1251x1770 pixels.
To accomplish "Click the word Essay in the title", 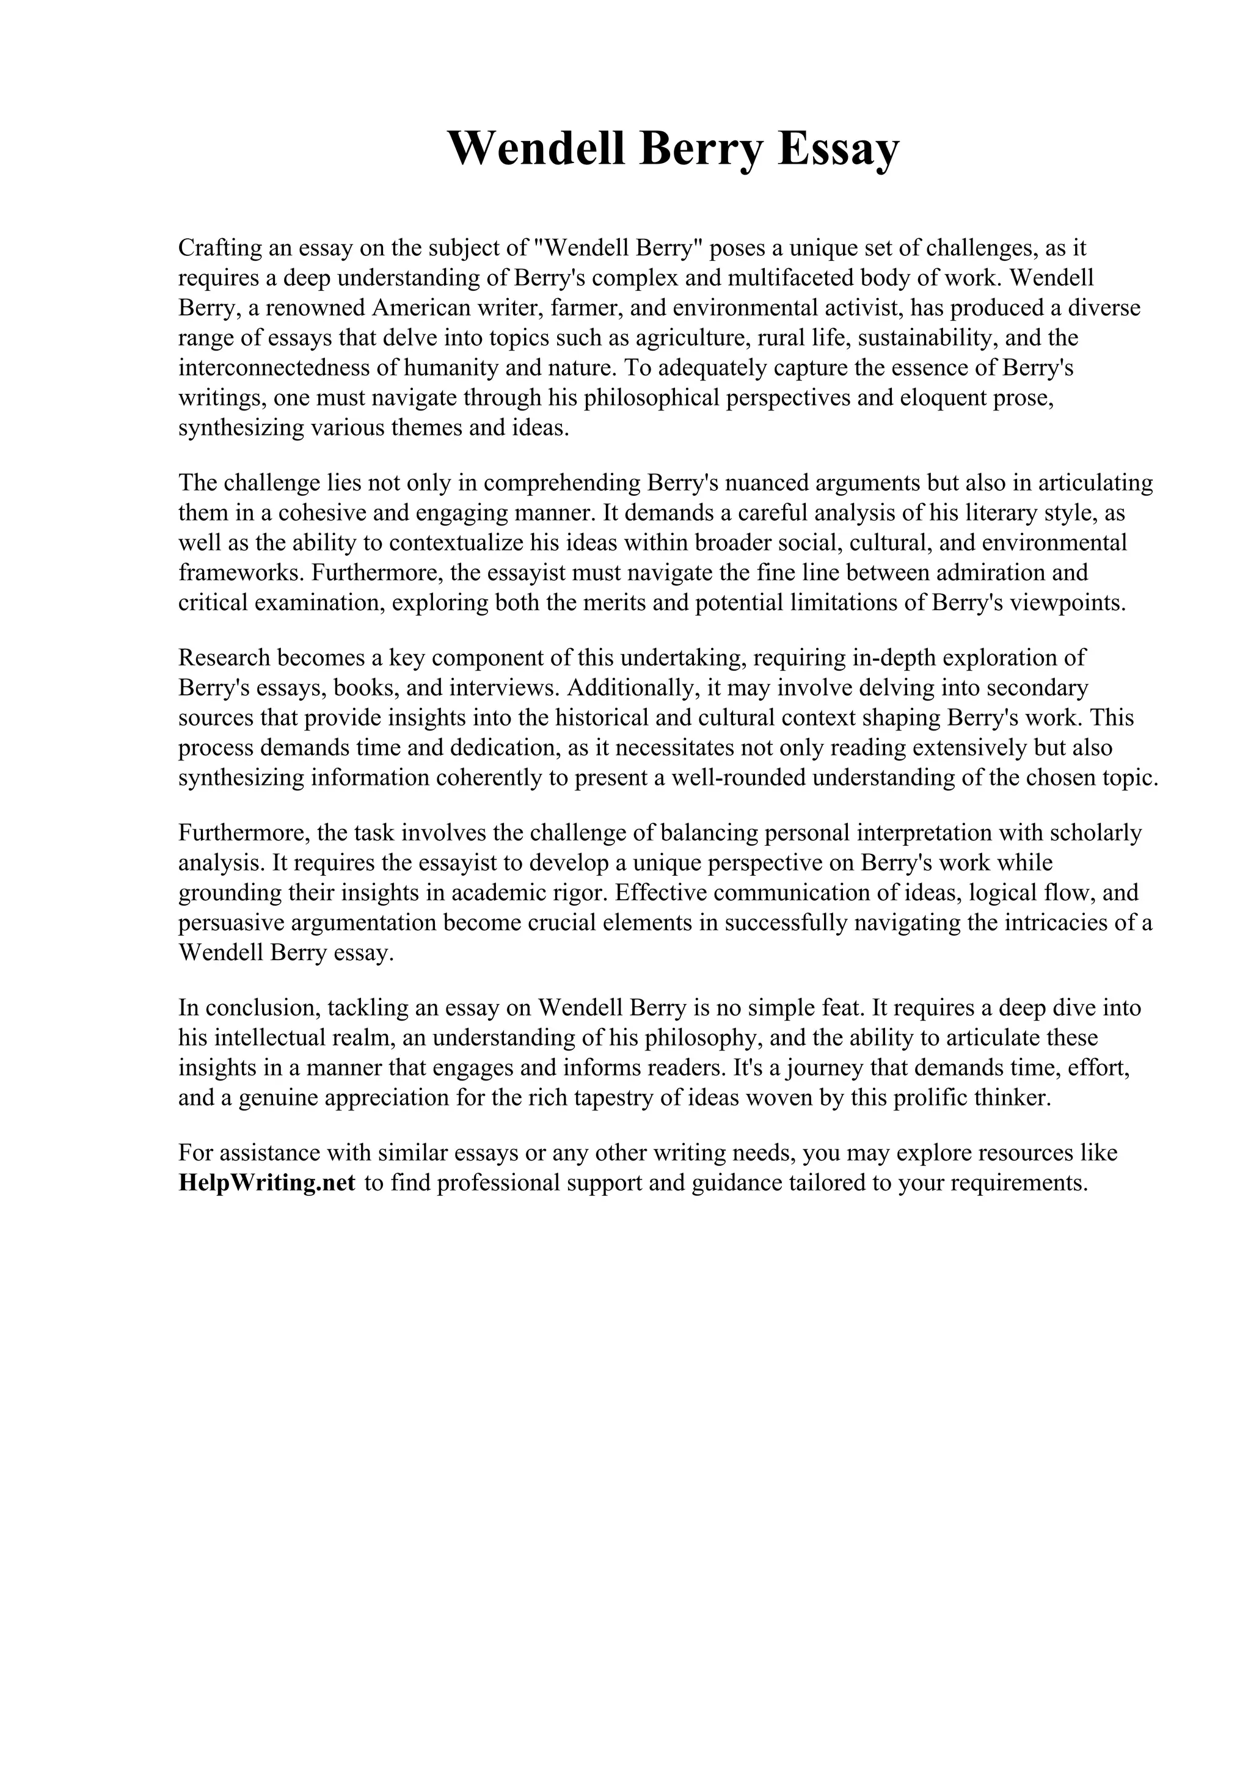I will coord(838,148).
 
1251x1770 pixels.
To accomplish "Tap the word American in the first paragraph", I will coord(421,308).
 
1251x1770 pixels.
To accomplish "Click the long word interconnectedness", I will coord(274,368).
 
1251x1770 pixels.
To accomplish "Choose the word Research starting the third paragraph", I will coord(224,658).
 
